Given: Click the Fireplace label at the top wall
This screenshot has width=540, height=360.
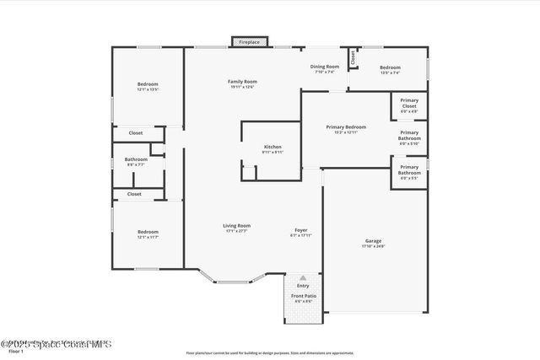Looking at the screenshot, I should [x=249, y=41].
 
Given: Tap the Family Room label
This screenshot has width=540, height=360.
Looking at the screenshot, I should [x=241, y=82].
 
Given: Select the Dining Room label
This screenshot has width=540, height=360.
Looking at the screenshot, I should [x=326, y=67].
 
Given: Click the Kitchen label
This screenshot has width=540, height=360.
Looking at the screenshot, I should [x=273, y=148].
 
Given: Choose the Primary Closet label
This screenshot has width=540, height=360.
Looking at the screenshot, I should [x=409, y=103].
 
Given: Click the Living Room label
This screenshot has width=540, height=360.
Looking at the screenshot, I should [x=236, y=226].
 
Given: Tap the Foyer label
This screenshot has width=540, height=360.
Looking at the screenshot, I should [x=300, y=230].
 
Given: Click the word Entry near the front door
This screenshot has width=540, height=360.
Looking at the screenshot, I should [x=303, y=286].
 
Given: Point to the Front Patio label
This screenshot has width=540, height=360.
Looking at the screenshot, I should [x=303, y=297].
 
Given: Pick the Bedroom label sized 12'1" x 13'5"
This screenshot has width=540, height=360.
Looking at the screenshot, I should [x=148, y=84].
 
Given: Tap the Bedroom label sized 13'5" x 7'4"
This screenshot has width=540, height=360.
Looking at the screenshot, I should [x=390, y=67].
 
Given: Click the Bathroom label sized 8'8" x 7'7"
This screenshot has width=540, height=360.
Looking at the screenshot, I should [x=136, y=159].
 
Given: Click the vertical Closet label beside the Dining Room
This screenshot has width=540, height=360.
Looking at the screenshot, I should [x=354, y=57].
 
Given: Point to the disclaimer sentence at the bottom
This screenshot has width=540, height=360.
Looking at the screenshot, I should [x=270, y=353].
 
